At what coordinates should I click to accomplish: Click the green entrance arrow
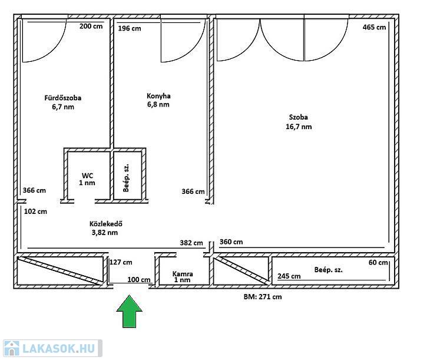tap(129, 312)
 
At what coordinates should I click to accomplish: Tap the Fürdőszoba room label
tap(63, 98)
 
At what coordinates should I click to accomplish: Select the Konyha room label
tap(158, 96)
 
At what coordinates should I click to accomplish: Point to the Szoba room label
tap(299, 117)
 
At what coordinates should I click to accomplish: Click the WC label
tap(87, 176)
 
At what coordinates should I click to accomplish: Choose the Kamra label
tap(183, 273)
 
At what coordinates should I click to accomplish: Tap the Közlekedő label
tap(106, 224)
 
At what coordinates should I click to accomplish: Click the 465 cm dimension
tap(374, 27)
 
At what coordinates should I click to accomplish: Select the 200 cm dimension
tap(91, 27)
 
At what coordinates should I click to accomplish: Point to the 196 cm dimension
tap(130, 28)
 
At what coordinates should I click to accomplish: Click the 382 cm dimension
tap(191, 243)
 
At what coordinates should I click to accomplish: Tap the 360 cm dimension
tap(231, 242)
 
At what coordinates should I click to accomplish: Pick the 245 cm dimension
tap(289, 276)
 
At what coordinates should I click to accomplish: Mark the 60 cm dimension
tap(378, 263)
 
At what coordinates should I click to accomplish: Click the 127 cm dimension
tap(121, 262)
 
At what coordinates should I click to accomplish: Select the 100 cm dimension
tap(139, 280)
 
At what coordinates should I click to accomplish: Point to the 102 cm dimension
tap(35, 212)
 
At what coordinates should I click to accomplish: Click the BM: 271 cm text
tap(263, 296)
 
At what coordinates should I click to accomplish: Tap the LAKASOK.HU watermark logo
tap(52, 348)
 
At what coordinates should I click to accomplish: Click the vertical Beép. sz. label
tap(126, 178)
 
